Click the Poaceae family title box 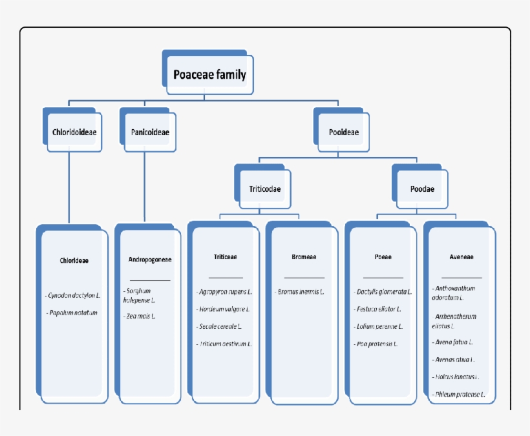[x=209, y=75]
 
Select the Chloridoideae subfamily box [x=74, y=132]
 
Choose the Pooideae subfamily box [x=343, y=132]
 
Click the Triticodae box [x=264, y=189]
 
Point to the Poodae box [x=422, y=189]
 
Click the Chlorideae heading [x=74, y=261]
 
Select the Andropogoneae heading [x=150, y=260]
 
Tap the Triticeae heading [x=225, y=256]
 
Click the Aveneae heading [x=461, y=256]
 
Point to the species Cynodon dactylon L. [x=74, y=295]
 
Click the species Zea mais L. [x=140, y=317]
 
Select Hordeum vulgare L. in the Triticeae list [x=224, y=309]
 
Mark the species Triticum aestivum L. [x=224, y=344]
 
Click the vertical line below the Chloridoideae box [x=69, y=187]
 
